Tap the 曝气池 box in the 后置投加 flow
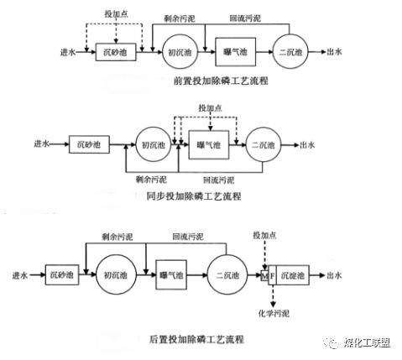point(172,275)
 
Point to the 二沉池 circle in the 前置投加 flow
point(290,52)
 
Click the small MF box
point(268,275)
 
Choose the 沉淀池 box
point(293,275)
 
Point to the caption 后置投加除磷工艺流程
point(196,339)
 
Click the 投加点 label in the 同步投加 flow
point(210,109)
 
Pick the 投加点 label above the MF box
point(264,232)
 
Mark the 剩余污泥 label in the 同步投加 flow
point(150,180)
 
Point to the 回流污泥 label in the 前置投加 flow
point(243,17)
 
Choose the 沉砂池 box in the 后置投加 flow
point(60,275)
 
